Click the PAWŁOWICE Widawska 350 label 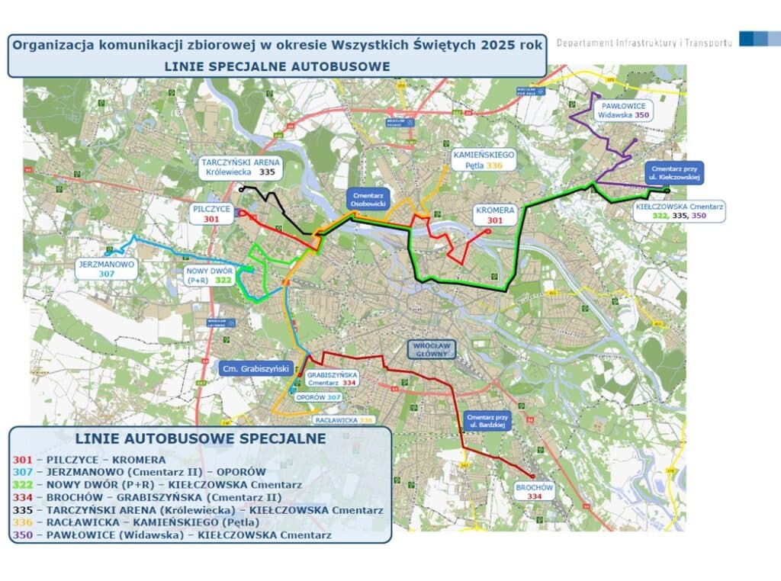pyautogui.click(x=623, y=110)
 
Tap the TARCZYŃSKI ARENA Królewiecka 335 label pyautogui.click(x=239, y=168)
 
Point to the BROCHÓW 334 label pyautogui.click(x=534, y=492)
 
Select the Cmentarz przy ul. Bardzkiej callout pyautogui.click(x=485, y=422)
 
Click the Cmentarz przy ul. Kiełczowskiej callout pyautogui.click(x=673, y=172)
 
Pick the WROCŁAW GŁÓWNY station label pyautogui.click(x=432, y=348)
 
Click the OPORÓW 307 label pyautogui.click(x=317, y=397)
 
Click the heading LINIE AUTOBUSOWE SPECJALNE pyautogui.click(x=201, y=438)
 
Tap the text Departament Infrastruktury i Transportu pyautogui.click(x=644, y=42)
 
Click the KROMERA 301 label pyautogui.click(x=495, y=215)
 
